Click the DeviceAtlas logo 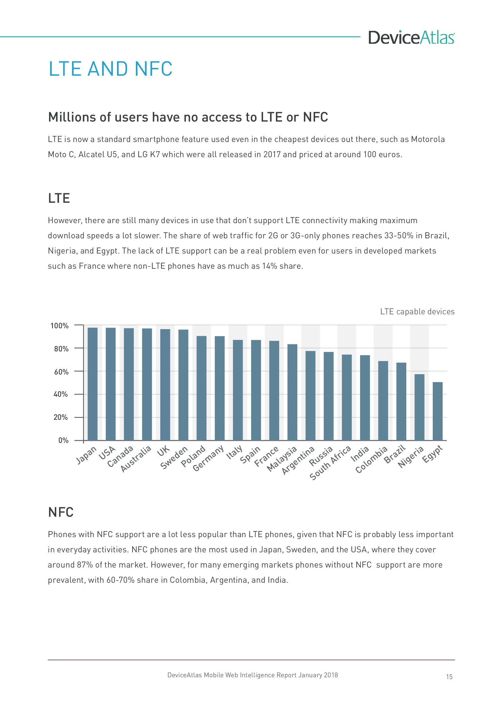tap(411, 37)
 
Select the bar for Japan tap(93, 384)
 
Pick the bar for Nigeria tap(419, 407)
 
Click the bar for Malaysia tap(292, 392)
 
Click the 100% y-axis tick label tap(60, 326)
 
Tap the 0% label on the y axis tap(63, 440)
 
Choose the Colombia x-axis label tap(371, 460)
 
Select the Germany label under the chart tap(208, 458)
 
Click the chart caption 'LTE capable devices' tap(417, 312)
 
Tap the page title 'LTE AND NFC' tap(111, 69)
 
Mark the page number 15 tap(449, 677)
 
